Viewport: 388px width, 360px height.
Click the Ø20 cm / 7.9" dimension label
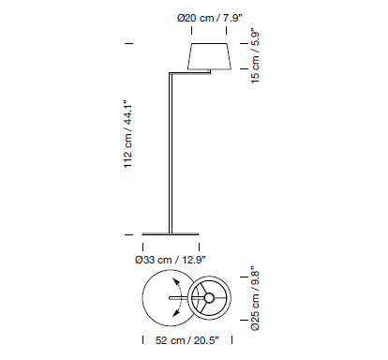210,18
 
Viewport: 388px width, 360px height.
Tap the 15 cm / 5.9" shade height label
255,57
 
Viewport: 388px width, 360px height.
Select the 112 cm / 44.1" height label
128,134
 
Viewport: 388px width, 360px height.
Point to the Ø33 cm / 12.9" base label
171,260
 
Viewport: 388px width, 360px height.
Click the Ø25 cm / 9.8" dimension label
255,298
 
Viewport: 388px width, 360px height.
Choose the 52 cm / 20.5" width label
187,340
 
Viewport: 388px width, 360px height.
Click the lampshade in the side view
209,56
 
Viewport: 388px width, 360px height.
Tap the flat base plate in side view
171,233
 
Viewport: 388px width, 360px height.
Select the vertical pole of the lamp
171,153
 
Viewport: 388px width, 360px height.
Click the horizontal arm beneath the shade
190,73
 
